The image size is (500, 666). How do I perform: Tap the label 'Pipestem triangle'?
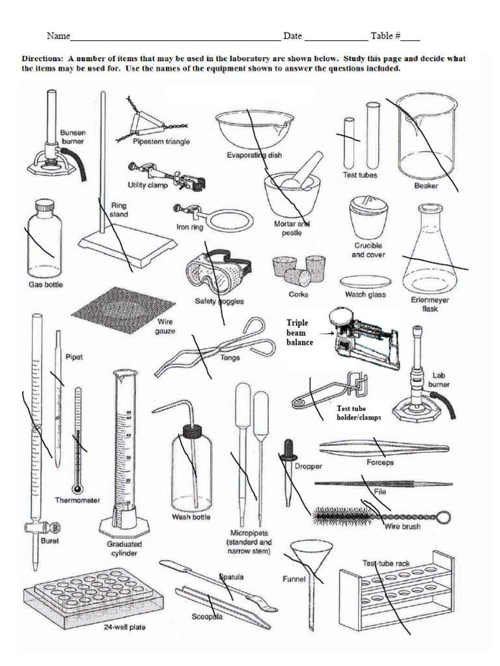[161, 142]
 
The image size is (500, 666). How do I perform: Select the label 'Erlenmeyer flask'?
[430, 304]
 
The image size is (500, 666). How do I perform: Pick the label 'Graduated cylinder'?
[124, 548]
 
